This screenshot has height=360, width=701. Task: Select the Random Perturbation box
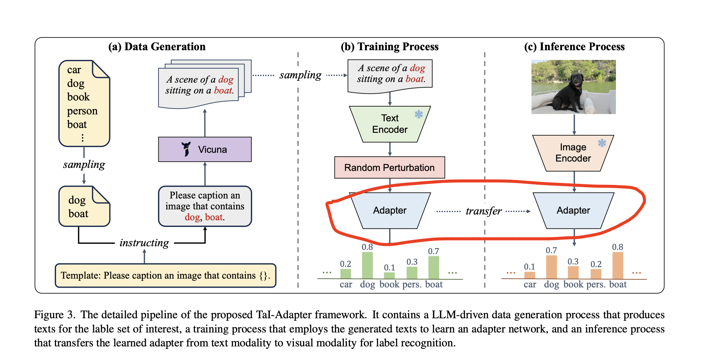pos(389,168)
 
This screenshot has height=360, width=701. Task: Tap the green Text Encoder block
pos(390,124)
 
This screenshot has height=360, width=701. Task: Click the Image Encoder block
pos(573,153)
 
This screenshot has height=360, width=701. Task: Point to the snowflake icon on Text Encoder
pos(419,114)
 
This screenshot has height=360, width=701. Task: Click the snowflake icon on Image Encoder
pos(602,143)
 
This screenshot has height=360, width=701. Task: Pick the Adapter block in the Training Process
pos(390,211)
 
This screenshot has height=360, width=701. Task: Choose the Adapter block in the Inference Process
pos(573,211)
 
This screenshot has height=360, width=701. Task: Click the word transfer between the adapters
pos(483,211)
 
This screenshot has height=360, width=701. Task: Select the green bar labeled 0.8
pos(367,265)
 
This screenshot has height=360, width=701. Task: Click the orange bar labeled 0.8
pos(617,265)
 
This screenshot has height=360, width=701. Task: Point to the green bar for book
pos(389,275)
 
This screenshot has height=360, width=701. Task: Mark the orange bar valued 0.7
pos(551,267)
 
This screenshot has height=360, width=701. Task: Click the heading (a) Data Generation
pos(157,47)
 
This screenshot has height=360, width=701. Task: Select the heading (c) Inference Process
pos(574,47)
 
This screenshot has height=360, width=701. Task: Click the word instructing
pos(144,243)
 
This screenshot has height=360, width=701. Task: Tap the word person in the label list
pos(82,111)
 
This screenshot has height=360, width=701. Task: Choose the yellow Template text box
pos(165,275)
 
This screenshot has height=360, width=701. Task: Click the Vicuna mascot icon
pos(186,149)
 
